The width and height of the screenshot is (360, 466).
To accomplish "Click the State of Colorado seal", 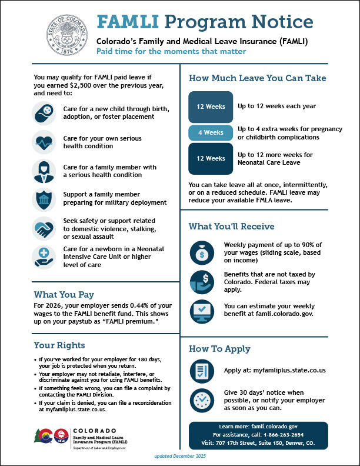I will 69,36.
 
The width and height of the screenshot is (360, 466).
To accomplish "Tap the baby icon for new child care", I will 44,112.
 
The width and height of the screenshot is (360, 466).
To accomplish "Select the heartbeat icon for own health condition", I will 44,142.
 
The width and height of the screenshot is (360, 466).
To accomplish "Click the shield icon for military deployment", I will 44,199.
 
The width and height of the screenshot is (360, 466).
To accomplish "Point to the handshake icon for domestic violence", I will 44,228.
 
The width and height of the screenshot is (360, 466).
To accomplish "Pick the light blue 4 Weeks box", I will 210,132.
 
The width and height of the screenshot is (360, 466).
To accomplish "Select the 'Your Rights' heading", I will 59,345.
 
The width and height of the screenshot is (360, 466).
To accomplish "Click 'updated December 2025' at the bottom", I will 179,457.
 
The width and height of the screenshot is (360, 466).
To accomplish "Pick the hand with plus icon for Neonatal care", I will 44,257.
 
